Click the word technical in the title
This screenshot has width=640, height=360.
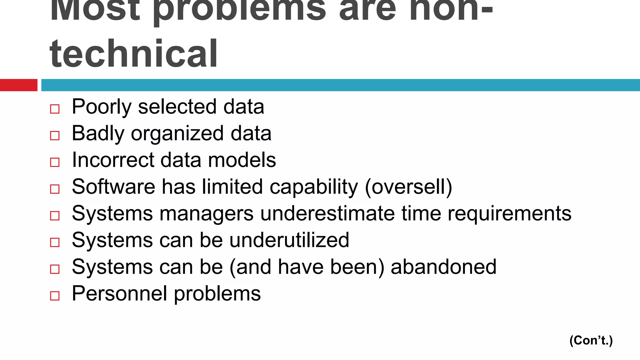pos(133,53)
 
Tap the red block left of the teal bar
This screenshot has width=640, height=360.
pos(18,85)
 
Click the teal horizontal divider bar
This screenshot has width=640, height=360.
pos(340,85)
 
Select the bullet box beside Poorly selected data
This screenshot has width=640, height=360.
pos(55,109)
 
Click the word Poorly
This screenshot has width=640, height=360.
pos(102,107)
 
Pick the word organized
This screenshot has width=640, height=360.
pos(177,134)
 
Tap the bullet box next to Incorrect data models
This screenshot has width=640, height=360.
pos(55,162)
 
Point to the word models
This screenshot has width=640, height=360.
pos(242,160)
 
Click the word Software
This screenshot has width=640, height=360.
pos(113,187)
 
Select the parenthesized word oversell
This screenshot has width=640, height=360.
pos(408,187)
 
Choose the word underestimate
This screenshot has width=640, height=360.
pos(327,213)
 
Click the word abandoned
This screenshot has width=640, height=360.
pos(443,267)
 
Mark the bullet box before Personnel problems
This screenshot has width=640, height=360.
pos(55,296)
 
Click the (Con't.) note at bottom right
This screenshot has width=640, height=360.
pos(591,340)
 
